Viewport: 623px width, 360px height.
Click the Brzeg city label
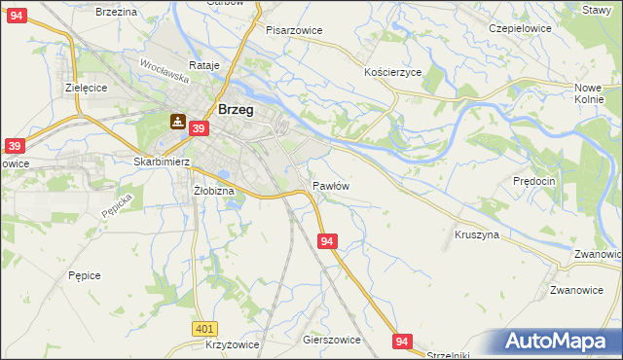point(237,110)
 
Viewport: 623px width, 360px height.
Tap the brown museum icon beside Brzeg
point(178,121)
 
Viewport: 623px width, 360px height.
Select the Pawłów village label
point(331,185)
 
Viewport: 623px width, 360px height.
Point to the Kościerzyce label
point(392,73)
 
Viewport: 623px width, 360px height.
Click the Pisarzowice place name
point(294,30)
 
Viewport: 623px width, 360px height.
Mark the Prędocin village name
point(533,181)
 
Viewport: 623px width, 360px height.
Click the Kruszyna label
point(477,234)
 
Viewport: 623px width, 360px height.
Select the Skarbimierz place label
point(162,162)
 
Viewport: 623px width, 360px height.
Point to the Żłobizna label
point(214,191)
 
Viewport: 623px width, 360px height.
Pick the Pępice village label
point(85,275)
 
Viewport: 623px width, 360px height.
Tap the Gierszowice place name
point(332,341)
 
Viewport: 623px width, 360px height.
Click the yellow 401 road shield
point(203,330)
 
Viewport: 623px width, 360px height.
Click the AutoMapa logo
point(560,342)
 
